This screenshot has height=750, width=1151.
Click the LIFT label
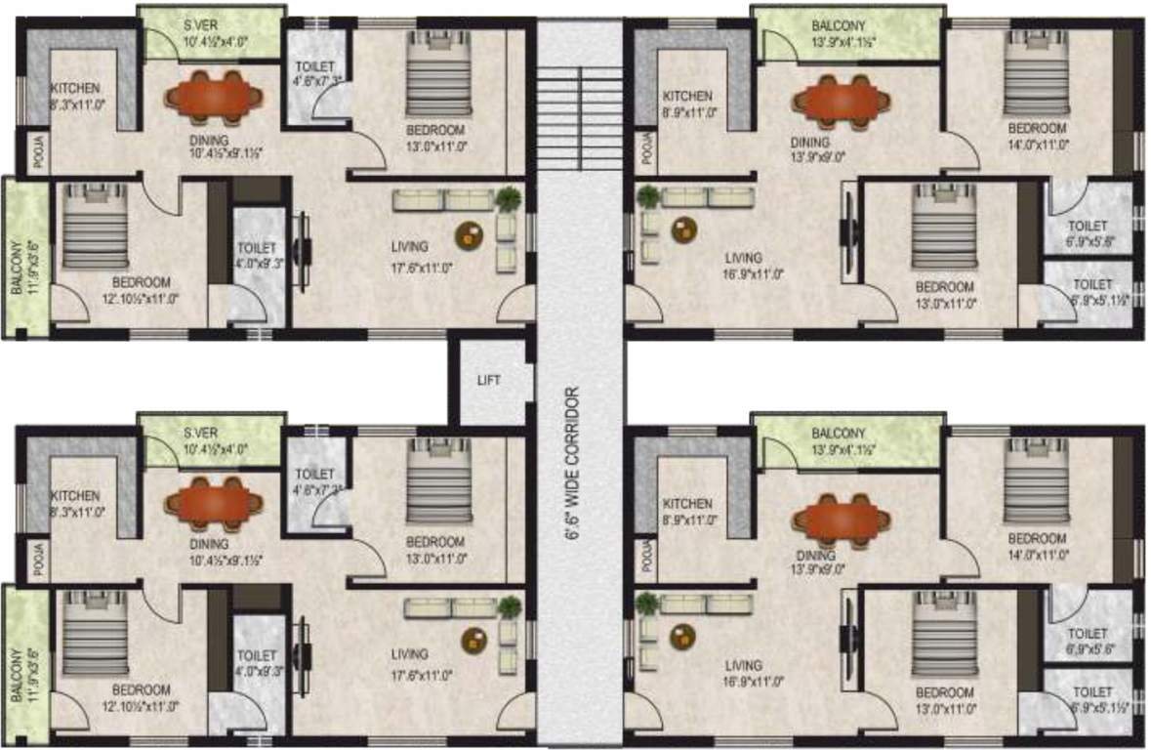[x=489, y=380]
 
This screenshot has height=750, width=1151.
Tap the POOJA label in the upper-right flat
[x=645, y=149]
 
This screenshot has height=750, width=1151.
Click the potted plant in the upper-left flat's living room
[x=508, y=200]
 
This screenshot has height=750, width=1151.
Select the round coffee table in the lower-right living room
[x=682, y=637]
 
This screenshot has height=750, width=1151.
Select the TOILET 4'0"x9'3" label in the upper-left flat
[x=257, y=256]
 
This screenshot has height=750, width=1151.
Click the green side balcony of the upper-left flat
[x=24, y=256]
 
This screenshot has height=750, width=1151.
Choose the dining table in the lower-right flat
[x=842, y=519]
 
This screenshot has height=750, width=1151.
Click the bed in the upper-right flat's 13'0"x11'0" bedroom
[x=943, y=229]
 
